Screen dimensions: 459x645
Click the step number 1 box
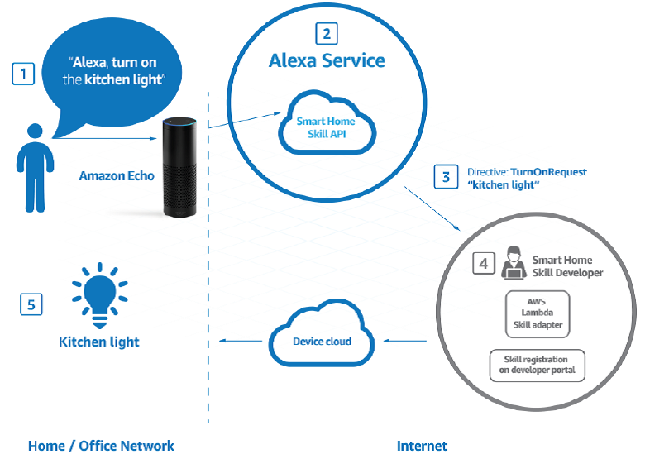[23, 73]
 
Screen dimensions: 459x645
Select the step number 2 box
[327, 33]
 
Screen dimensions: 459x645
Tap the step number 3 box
[446, 176]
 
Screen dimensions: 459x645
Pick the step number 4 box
[484, 264]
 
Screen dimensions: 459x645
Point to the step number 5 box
[31, 304]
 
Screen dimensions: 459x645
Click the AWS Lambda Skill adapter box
[535, 313]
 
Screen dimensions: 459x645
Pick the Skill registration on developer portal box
[537, 366]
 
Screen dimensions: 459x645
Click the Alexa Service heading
[327, 60]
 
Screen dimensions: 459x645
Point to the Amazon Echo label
[116, 176]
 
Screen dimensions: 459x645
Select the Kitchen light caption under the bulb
[99, 342]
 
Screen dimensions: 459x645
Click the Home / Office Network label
[101, 446]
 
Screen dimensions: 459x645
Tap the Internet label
[422, 446]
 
